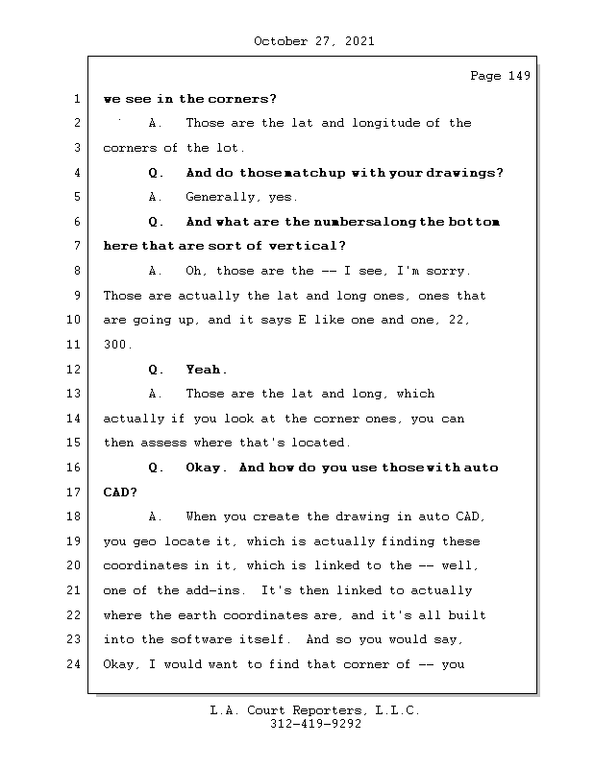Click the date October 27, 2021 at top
tap(314, 41)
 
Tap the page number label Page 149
tap(500, 77)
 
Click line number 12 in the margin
tap(74, 370)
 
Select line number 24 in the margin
tap(74, 664)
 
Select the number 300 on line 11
tap(116, 345)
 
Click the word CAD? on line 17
tap(120, 492)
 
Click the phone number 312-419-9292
tap(315, 725)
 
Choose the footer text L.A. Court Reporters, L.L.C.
tap(315, 710)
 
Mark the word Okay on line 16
tap(206, 468)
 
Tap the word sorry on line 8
tap(446, 272)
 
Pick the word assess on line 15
tap(162, 443)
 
